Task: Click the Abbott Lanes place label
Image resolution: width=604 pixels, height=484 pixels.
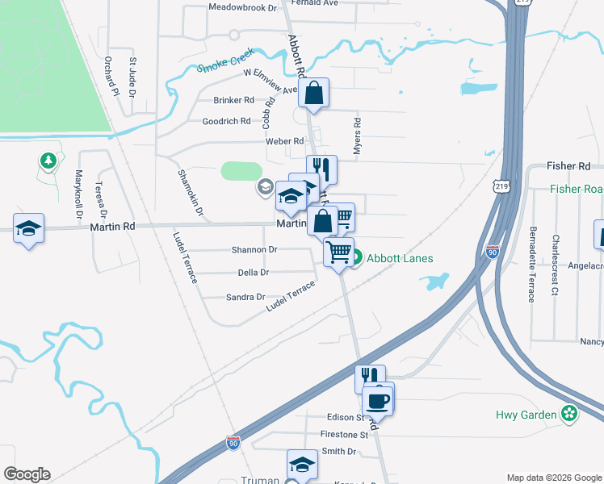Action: click(400, 259)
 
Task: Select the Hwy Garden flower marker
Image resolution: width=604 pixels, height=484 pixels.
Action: click(570, 415)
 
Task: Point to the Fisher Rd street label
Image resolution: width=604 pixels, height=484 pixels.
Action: click(568, 166)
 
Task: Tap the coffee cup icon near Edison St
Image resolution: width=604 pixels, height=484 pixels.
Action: click(377, 398)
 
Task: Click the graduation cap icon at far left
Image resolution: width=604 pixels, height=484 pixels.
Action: click(28, 228)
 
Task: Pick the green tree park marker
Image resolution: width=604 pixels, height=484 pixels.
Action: click(49, 161)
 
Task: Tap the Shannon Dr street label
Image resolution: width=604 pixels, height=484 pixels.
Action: click(254, 250)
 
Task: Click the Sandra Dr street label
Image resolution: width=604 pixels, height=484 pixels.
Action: click(245, 298)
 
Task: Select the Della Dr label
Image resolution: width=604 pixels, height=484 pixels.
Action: click(254, 273)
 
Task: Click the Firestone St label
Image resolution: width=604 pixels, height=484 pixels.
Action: click(344, 435)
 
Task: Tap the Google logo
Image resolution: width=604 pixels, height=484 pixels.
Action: click(27, 474)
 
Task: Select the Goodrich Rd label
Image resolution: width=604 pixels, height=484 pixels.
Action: click(226, 122)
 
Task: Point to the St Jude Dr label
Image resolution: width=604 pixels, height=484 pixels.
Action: click(132, 76)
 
